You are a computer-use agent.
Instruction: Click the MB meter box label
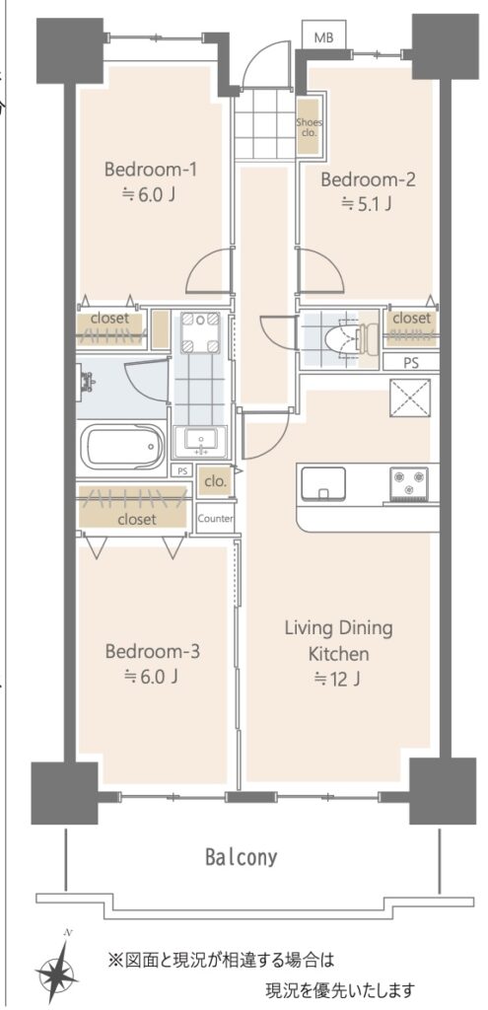[x=323, y=38]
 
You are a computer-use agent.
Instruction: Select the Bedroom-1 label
[x=151, y=170]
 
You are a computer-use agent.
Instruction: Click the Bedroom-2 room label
[x=368, y=180]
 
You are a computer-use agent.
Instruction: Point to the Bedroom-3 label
[x=153, y=651]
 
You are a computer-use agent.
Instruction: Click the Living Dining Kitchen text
[x=338, y=641]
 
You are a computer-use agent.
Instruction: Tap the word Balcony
[x=242, y=857]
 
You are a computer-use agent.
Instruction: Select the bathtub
[x=122, y=446]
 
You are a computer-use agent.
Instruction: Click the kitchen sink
[x=323, y=483]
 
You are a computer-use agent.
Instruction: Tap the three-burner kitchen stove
[x=408, y=484]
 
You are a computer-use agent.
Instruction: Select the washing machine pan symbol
[x=199, y=332]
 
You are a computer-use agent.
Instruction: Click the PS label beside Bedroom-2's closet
[x=410, y=363]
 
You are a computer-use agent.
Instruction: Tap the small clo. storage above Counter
[x=213, y=481]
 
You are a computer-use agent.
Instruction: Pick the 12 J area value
[x=337, y=679]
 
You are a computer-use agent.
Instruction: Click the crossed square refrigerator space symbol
[x=409, y=399]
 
